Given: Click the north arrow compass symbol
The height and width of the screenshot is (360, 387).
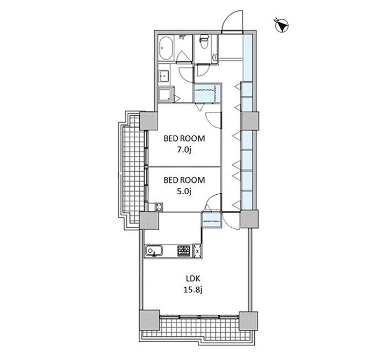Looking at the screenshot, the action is pyautogui.click(x=282, y=25).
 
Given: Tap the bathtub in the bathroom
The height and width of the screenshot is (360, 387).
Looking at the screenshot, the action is pyautogui.click(x=166, y=48).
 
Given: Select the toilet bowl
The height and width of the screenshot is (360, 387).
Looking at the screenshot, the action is pyautogui.click(x=204, y=41).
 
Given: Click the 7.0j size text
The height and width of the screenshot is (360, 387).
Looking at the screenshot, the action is pyautogui.click(x=184, y=150).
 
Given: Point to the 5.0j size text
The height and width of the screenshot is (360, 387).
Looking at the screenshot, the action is pyautogui.click(x=184, y=192).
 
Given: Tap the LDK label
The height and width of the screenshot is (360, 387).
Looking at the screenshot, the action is pyautogui.click(x=193, y=279).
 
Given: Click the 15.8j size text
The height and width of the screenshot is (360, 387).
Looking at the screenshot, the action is pyautogui.click(x=193, y=290).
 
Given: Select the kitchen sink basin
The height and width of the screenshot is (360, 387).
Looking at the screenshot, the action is pyautogui.click(x=154, y=251).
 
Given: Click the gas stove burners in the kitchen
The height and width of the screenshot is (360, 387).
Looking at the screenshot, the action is pyautogui.click(x=184, y=251).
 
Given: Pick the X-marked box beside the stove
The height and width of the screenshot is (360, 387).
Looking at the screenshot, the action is pyautogui.click(x=197, y=251).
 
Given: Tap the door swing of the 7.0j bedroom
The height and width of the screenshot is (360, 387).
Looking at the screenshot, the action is pyautogui.click(x=213, y=120).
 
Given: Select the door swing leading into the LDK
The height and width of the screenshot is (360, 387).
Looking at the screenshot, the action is pyautogui.click(x=231, y=221).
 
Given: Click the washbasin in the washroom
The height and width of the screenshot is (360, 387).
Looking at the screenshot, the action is pyautogui.click(x=163, y=76).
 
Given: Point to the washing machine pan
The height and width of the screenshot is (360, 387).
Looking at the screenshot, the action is pyautogui.click(x=165, y=94).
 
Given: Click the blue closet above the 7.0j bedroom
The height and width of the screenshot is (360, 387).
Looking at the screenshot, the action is pyautogui.click(x=206, y=94).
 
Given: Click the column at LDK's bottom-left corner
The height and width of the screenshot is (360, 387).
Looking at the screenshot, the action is pyautogui.click(x=149, y=320).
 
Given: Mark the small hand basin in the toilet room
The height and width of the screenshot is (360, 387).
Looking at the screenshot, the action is pyautogui.click(x=214, y=58).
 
